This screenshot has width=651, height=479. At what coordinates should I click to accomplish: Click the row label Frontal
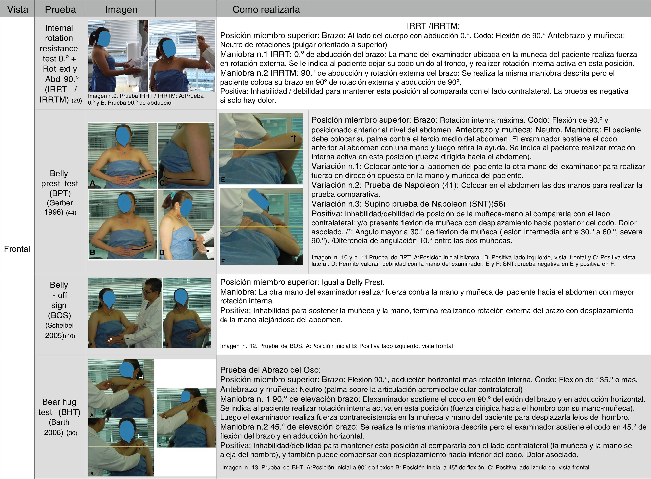click(17, 249)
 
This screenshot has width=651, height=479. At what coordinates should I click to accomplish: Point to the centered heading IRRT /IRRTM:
click(433, 26)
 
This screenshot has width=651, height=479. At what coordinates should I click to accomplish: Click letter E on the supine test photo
click(223, 180)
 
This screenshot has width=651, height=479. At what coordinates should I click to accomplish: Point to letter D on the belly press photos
click(162, 252)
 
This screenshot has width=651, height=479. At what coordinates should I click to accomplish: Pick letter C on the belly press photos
click(162, 183)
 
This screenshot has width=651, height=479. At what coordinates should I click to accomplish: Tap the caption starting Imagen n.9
click(146, 99)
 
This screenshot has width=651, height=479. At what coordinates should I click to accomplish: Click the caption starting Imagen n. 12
click(336, 346)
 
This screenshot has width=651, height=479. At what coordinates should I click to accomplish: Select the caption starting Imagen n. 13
click(405, 467)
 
